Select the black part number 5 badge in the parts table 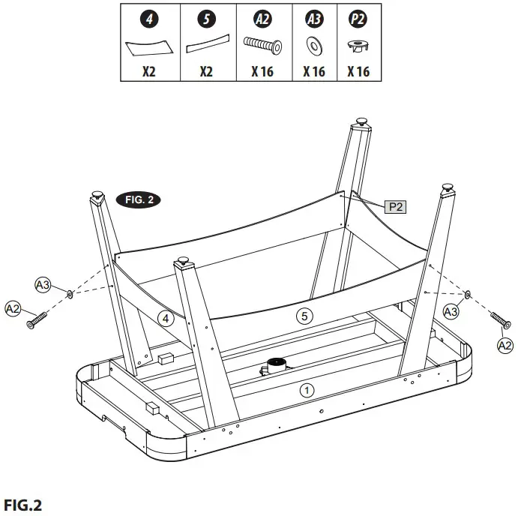tap(206, 19)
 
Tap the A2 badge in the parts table tap(262, 19)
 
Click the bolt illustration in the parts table tap(262, 46)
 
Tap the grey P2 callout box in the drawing tap(395, 206)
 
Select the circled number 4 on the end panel tap(167, 319)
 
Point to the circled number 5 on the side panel tap(304, 316)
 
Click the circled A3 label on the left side tap(43, 284)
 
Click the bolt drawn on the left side tap(37, 319)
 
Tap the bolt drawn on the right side tap(500, 320)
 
